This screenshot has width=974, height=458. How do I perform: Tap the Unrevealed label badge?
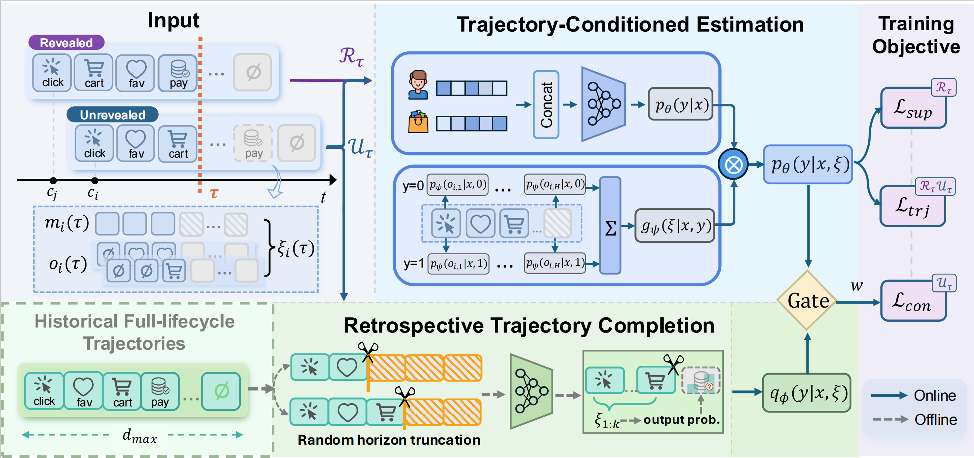click(x=112, y=115)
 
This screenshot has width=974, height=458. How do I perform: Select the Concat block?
click(x=546, y=105)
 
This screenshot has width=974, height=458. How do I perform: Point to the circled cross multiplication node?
click(x=733, y=164)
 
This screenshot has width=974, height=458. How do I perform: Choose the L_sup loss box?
click(x=913, y=109)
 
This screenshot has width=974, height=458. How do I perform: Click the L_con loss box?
click(x=913, y=301)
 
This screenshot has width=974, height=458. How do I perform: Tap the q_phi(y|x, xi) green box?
click(x=807, y=393)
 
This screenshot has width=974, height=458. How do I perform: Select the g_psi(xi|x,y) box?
click(x=675, y=226)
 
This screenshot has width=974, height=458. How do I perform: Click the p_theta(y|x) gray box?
click(x=681, y=104)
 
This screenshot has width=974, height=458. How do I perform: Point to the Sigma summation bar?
click(x=610, y=226)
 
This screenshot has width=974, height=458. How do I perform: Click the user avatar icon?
click(x=418, y=85)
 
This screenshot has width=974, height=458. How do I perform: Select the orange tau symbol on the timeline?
click(x=214, y=193)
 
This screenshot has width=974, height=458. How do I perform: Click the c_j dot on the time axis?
click(x=53, y=180)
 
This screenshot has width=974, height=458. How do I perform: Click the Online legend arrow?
click(x=889, y=396)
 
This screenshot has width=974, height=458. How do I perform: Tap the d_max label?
click(x=140, y=436)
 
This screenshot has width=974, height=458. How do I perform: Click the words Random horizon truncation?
click(x=389, y=440)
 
